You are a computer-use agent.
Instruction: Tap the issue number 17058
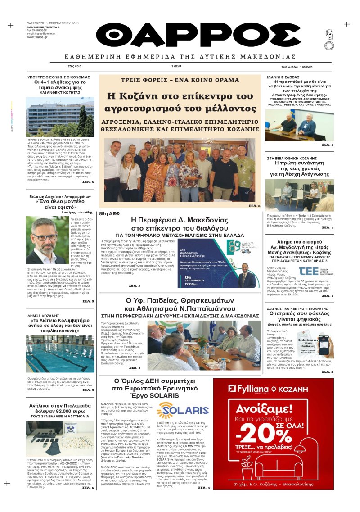point(176,66)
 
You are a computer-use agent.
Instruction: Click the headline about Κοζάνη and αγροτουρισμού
point(180,102)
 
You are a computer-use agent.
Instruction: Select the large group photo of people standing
point(180,170)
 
